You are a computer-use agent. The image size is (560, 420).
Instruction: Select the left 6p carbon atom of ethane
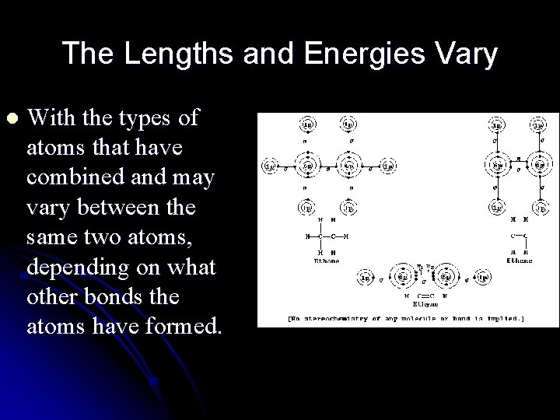click(310, 166)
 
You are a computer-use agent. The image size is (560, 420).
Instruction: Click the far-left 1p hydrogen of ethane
click(269, 166)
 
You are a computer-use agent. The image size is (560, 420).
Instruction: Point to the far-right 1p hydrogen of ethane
click(389, 166)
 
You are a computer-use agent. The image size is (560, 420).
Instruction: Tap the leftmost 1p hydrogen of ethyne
click(364, 277)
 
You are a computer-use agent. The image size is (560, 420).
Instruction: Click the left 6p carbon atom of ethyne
click(404, 277)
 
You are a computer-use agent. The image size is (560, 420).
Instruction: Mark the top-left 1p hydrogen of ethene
click(494, 125)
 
